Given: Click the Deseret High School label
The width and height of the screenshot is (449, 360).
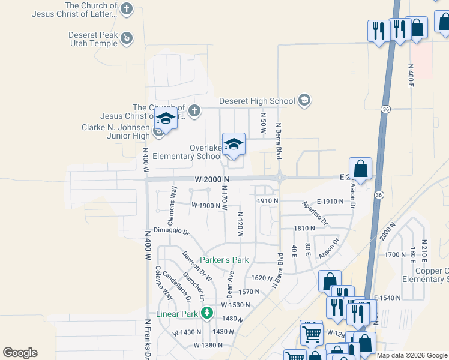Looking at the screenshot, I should (257, 100).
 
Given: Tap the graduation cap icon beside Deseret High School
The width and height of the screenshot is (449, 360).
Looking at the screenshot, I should (304, 100).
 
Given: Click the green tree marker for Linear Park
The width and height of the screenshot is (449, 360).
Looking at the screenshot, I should (206, 313).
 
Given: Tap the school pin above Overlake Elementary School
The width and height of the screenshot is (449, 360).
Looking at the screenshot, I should (234, 145).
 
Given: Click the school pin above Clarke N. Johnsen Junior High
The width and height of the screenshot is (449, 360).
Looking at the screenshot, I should (166, 118).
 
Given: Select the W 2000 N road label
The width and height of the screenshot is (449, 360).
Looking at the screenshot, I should (212, 179).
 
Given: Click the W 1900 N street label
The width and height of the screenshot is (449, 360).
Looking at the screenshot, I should (206, 205).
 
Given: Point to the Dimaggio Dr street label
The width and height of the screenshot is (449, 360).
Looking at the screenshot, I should (171, 231).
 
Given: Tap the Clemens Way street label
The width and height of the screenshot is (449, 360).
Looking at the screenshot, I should (172, 197).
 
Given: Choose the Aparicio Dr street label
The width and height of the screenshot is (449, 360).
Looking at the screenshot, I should (315, 213).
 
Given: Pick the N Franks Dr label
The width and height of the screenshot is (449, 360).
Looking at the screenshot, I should (148, 337).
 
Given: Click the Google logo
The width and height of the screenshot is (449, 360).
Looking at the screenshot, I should (20, 353).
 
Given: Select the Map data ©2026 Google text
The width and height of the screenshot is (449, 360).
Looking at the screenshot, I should (411, 355).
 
